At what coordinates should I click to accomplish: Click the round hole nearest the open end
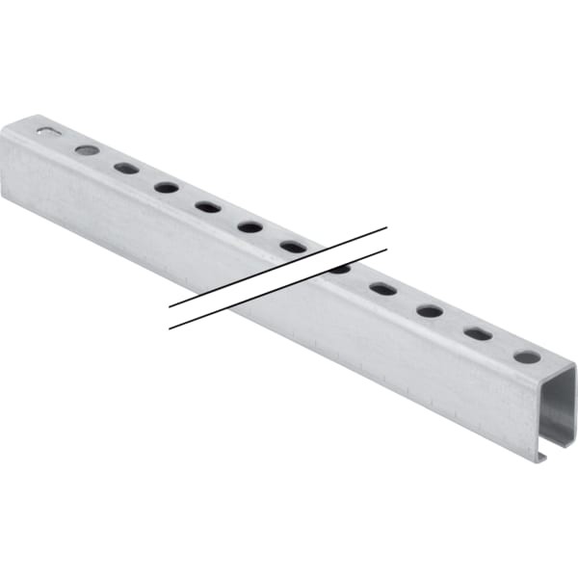[526, 356]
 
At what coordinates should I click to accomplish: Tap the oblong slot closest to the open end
[478, 333]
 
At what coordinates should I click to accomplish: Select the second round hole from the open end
[430, 311]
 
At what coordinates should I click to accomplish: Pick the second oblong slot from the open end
[382, 289]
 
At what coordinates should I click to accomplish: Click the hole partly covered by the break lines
[339, 269]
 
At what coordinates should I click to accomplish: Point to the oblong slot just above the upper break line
[293, 247]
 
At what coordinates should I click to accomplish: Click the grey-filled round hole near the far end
[87, 150]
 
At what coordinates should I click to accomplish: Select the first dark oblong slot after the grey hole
[126, 168]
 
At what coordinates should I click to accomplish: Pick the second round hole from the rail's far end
[166, 187]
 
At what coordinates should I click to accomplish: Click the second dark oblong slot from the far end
[207, 206]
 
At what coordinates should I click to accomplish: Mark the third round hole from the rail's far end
[250, 226]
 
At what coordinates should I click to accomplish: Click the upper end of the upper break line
[386, 228]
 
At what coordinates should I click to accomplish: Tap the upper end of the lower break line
[386, 250]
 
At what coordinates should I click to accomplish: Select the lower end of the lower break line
[171, 328]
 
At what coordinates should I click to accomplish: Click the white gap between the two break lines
[279, 278]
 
